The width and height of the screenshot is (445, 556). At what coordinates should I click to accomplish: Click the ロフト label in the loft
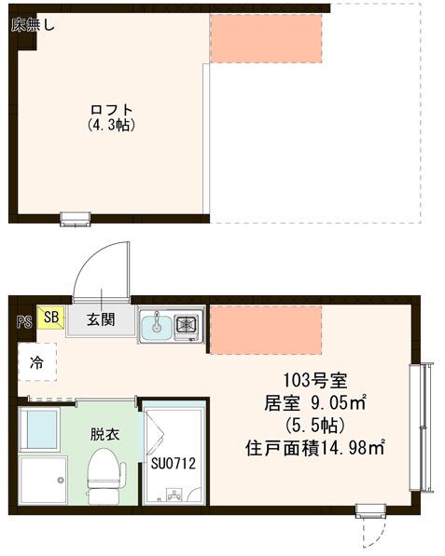point(111,110)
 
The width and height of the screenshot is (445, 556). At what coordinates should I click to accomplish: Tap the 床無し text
point(33,25)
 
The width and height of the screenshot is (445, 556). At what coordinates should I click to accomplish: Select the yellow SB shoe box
point(50,317)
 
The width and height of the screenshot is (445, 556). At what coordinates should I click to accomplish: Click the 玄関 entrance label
point(101,319)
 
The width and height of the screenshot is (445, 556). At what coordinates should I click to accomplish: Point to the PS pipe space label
point(24,321)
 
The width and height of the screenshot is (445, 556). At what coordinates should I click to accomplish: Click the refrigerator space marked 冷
point(37,362)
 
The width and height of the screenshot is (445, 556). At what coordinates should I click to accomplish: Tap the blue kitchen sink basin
point(157,325)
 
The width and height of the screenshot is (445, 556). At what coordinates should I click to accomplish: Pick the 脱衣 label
point(104,434)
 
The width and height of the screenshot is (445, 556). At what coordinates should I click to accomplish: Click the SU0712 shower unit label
point(173,463)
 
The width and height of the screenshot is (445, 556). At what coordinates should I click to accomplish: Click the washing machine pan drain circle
point(61,481)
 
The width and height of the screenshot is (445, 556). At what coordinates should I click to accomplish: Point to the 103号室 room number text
point(314,381)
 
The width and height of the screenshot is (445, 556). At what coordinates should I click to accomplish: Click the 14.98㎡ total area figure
point(354,448)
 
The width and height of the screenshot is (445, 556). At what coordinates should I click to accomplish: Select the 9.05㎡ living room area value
point(339,402)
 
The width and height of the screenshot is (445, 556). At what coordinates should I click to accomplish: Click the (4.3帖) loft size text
point(111,126)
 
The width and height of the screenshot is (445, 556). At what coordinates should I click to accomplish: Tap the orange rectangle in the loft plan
point(266,38)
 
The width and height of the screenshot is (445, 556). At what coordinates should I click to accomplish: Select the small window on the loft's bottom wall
point(76,219)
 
